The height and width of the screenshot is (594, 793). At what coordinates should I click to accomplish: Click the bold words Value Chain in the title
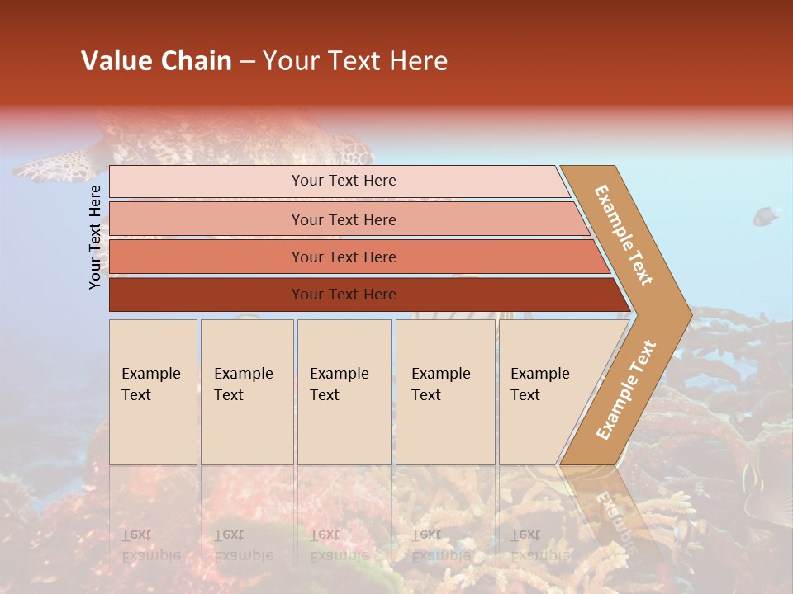156,61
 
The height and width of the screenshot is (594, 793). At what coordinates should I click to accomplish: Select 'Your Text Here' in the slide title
355,61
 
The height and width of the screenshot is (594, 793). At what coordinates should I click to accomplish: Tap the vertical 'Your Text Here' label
95,238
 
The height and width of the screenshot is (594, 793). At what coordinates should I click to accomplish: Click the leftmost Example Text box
153,392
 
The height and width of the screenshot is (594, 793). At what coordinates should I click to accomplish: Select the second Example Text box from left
247,392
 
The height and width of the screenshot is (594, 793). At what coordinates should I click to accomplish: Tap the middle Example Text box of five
344,392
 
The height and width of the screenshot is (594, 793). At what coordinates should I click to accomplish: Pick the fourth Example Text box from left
445,392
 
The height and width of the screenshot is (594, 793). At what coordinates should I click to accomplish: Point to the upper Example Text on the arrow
624,235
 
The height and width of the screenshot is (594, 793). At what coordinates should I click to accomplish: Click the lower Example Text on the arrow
626,389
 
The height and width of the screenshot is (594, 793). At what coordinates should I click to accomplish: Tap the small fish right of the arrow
765,217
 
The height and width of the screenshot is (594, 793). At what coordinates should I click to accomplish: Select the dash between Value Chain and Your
246,62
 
